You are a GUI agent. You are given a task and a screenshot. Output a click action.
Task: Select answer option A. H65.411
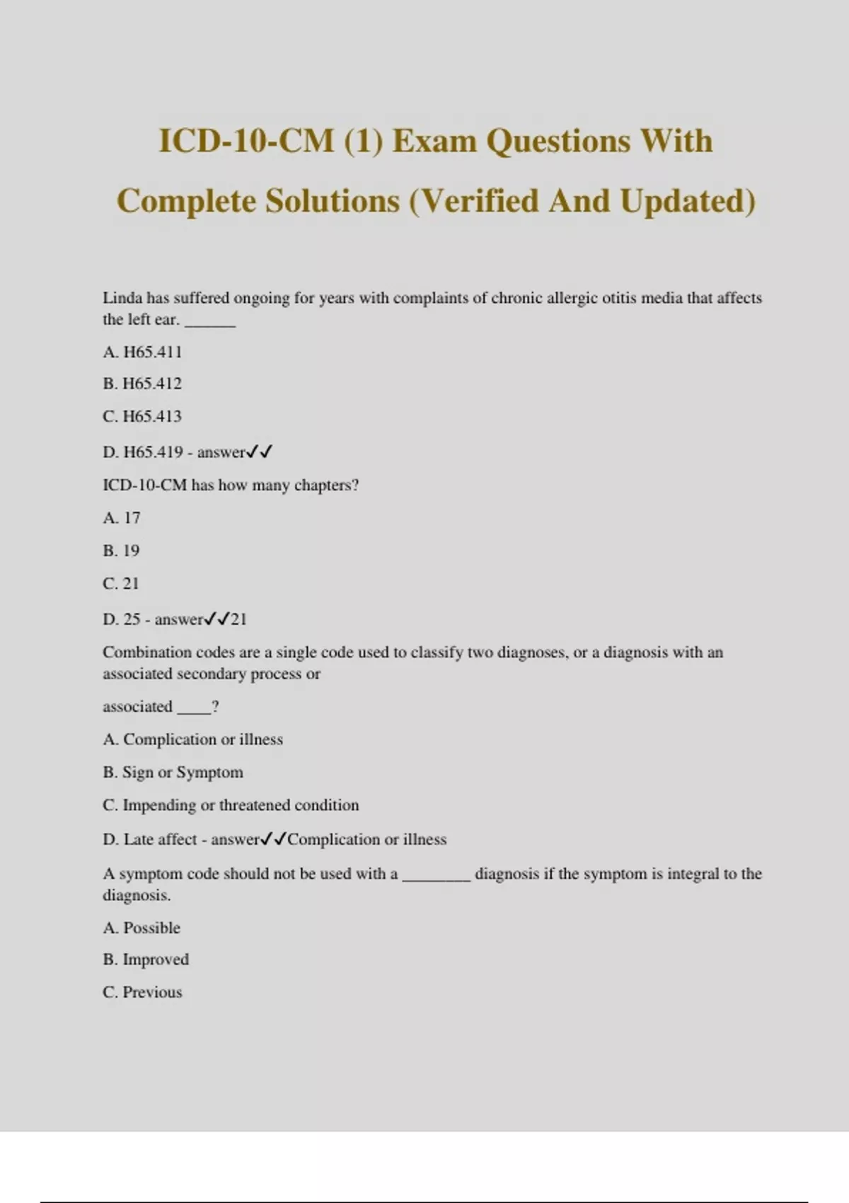142,352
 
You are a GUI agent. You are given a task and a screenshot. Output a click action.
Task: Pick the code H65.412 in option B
152,384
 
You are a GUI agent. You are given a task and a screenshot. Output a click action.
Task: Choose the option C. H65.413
142,416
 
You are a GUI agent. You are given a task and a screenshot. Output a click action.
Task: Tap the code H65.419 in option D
153,452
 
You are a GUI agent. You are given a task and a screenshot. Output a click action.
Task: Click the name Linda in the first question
122,298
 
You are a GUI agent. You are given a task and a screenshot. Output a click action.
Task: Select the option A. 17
122,518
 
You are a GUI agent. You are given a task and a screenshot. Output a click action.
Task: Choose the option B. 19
121,551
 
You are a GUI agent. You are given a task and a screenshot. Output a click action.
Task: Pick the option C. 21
121,584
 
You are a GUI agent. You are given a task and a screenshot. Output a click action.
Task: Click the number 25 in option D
132,619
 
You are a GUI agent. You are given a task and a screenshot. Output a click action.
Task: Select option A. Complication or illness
192,739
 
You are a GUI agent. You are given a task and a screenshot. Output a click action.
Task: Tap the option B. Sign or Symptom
173,772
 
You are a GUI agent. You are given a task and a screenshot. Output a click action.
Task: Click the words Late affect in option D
160,839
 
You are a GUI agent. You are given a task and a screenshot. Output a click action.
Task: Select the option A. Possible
141,928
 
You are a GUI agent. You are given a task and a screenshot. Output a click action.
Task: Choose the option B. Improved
146,960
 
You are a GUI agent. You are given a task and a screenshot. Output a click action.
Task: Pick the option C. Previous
142,992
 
